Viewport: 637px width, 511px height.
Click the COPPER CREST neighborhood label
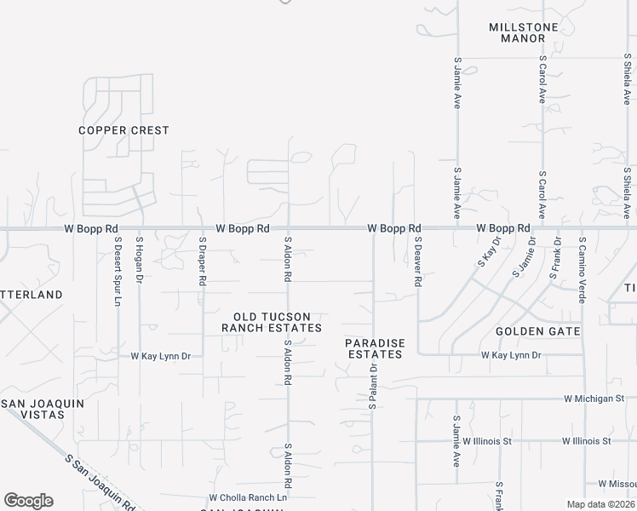123,130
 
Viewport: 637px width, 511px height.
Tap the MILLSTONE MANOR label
523,32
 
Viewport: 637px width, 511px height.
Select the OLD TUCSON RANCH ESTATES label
272,322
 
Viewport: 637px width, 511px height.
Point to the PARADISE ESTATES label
374,348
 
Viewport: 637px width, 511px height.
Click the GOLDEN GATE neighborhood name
537,330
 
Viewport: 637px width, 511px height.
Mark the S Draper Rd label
203,260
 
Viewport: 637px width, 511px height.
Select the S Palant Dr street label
372,383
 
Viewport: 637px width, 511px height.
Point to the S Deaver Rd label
417,261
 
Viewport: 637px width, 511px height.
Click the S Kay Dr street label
487,253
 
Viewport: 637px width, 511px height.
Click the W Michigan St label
594,398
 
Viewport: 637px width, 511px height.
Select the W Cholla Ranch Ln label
248,497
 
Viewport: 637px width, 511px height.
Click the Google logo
28,501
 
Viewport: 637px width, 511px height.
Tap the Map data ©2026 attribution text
600,504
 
